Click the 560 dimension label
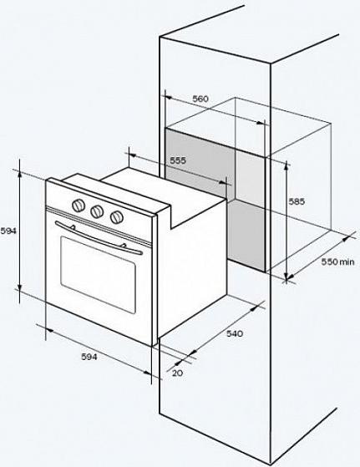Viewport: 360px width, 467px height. (200, 99)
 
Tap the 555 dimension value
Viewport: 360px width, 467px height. (178, 160)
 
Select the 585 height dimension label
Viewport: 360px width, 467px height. (297, 201)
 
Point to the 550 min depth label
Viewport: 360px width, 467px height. (338, 261)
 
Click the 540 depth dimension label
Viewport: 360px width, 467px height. (235, 333)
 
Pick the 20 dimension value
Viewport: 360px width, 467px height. (177, 373)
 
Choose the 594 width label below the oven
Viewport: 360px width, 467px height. (89, 357)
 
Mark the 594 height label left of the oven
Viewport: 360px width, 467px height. (8, 231)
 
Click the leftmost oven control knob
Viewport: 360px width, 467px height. (79, 206)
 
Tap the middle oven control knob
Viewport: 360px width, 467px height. (98, 211)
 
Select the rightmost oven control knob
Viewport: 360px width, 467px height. (116, 217)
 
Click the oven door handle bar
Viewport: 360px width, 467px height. (99, 238)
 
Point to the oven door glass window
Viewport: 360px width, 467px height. (99, 274)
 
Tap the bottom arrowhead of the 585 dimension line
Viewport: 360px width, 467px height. (286, 277)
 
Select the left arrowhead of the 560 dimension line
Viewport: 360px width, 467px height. (168, 98)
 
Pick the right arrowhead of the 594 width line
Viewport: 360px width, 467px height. (147, 373)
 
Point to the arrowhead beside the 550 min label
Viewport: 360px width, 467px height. (346, 239)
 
